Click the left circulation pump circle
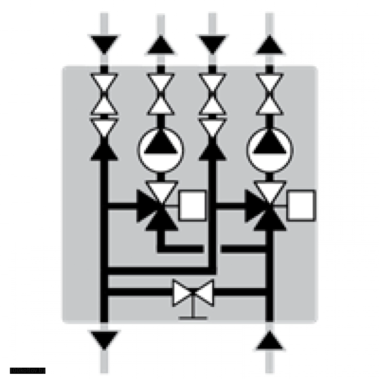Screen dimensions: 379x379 coord(161,150)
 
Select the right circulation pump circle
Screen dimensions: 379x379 coord(269,150)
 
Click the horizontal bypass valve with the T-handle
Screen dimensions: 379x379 coord(193,294)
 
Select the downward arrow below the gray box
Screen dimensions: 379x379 coord(105,338)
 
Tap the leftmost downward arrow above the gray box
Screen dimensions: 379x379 coord(105,43)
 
